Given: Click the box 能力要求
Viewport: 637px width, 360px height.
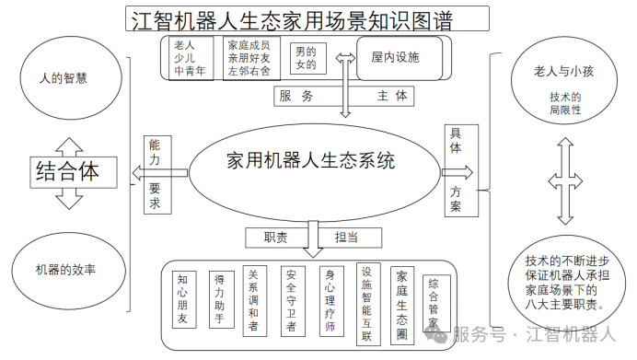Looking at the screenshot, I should tap(155, 175).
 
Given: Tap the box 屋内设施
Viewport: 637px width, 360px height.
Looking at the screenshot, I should tap(395, 57).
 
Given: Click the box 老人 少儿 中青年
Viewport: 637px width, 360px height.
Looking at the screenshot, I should tap(190, 57).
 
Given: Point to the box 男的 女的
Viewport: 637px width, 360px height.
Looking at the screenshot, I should tap(304, 58).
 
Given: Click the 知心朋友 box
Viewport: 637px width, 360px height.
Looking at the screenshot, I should tap(183, 300).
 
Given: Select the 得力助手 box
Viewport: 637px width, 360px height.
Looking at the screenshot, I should tap(219, 299).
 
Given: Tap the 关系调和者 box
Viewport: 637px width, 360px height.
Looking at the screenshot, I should tap(254, 300).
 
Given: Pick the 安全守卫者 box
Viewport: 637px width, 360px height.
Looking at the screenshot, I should tap(291, 300).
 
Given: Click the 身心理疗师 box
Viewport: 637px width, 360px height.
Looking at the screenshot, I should tap(329, 300).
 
